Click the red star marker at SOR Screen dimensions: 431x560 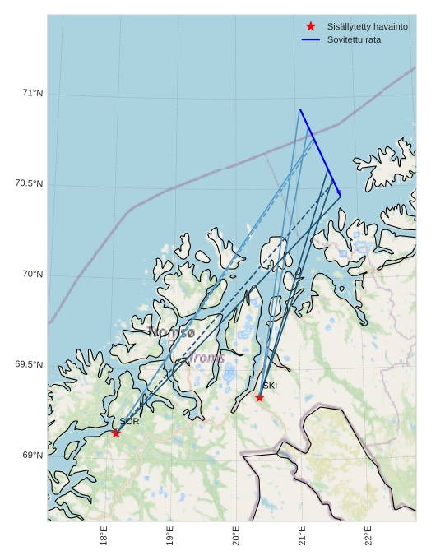click(x=116, y=433)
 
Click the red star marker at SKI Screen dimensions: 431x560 click(x=259, y=397)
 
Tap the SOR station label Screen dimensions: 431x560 click(x=129, y=422)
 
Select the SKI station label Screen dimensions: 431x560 click(x=270, y=385)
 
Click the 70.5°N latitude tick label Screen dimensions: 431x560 click(x=29, y=183)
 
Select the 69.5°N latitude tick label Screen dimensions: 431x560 click(x=29, y=364)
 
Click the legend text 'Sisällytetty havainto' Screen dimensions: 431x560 click(x=367, y=26)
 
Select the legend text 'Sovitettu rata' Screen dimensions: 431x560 click(x=354, y=39)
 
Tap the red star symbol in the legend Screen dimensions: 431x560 click(x=310, y=26)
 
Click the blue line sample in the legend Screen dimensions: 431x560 click(x=310, y=39)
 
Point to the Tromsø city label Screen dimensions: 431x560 click(x=171, y=333)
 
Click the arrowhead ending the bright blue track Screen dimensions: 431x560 click(x=339, y=193)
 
